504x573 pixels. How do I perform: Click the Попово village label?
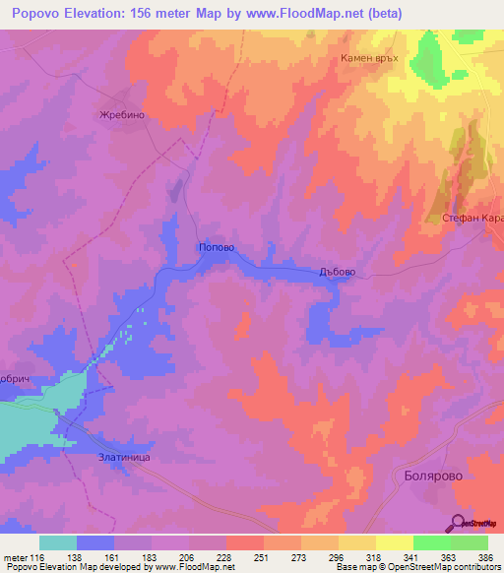[x=216, y=248]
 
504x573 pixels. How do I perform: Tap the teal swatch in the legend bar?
[x=57, y=542]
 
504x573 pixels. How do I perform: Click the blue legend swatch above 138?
[x=95, y=542]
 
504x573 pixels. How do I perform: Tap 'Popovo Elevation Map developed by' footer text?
[x=74, y=567]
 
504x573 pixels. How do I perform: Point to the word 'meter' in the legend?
[x=14, y=556]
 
